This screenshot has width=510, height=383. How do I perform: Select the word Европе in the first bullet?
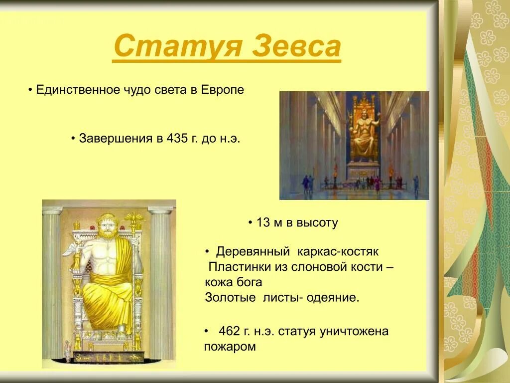click(223, 90)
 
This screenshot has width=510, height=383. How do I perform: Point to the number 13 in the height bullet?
click(262, 223)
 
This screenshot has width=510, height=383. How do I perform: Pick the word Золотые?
click(230, 298)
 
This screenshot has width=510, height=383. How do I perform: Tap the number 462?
click(230, 332)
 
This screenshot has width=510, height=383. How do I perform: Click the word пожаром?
click(230, 347)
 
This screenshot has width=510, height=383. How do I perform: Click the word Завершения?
click(116, 138)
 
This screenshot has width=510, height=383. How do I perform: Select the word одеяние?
click(334, 298)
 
